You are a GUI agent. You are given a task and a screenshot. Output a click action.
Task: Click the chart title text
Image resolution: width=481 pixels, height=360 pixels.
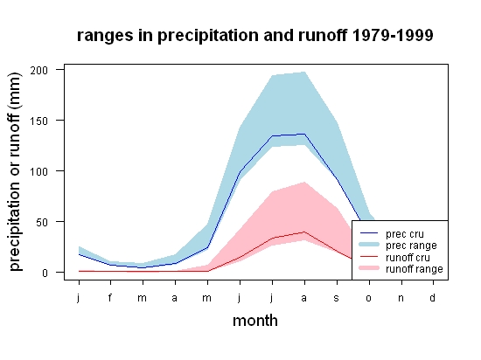tap(254, 36)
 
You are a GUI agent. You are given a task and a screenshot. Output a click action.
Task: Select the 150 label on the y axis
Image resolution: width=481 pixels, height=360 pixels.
tap(39, 121)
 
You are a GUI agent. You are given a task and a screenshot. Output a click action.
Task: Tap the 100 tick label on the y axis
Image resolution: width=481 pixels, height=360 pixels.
tap(39, 171)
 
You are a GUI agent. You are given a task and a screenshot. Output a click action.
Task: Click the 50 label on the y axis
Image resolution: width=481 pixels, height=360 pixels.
tap(42, 222)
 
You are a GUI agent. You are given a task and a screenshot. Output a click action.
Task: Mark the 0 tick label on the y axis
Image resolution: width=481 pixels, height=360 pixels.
tap(45, 273)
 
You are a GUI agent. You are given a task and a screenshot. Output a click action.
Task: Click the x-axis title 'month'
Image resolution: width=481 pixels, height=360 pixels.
tap(255, 321)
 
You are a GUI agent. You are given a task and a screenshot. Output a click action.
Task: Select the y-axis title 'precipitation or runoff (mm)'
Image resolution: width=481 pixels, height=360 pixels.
tap(15, 171)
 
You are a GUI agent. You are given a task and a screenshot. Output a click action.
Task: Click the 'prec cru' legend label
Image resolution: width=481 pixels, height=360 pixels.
tap(405, 234)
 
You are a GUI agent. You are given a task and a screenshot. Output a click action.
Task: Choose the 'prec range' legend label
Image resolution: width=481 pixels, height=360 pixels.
tap(411, 246)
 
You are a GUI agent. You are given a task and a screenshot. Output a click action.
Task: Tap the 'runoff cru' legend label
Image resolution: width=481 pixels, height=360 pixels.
tap(408, 257)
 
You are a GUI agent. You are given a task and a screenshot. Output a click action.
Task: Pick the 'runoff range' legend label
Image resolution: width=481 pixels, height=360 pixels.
tap(415, 269)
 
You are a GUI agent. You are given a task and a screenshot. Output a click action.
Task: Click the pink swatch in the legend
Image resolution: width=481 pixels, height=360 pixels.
tap(369, 268)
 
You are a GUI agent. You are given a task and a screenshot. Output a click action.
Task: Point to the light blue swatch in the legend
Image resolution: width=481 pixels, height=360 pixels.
tap(369, 245)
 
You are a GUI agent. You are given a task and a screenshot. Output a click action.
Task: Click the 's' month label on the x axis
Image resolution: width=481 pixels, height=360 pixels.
tap(337, 298)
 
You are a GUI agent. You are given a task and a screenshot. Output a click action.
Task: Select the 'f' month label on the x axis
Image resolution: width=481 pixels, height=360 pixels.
tap(110, 297)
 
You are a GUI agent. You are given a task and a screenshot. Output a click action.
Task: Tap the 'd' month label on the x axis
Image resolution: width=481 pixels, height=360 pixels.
tap(432, 297)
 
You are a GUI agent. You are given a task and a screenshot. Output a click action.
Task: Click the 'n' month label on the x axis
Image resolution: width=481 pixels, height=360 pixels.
tap(401, 298)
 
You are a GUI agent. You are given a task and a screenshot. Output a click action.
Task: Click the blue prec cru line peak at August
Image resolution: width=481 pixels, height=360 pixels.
tap(304, 134)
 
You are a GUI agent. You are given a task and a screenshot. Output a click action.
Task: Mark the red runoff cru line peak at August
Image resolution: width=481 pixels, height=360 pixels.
tap(304, 232)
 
